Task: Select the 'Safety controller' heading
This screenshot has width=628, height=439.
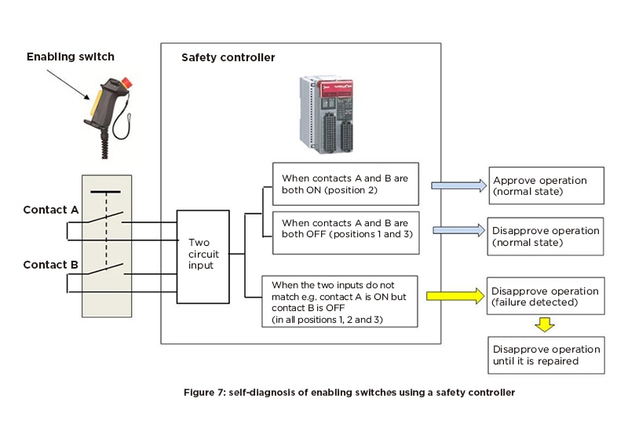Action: [228, 57]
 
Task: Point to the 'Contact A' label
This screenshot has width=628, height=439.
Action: [50, 210]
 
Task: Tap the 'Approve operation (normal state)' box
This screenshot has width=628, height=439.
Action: [546, 185]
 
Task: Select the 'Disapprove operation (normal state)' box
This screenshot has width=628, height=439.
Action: [546, 236]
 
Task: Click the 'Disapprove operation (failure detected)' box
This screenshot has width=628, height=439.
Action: [546, 296]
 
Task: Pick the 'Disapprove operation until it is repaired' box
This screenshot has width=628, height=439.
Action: [546, 355]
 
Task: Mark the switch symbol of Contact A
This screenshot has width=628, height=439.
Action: [111, 219]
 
